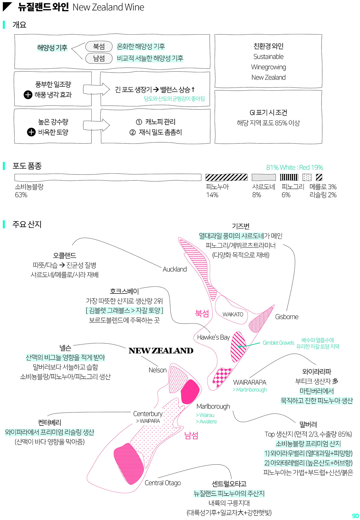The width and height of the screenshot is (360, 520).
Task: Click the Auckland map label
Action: (175, 269)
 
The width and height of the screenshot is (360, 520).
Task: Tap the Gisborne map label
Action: (287, 317)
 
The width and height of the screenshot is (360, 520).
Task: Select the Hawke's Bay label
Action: (213, 337)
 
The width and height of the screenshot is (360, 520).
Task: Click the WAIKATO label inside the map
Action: (233, 314)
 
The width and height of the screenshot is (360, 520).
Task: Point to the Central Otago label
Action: (163, 483)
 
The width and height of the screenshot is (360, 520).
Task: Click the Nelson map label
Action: (157, 370)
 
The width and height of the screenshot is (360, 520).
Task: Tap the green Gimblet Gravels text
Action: (278, 343)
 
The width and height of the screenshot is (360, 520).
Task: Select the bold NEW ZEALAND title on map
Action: (161, 351)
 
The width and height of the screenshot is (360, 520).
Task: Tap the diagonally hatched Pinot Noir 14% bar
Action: (226, 177)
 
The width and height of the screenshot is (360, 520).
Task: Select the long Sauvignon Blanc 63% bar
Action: (108, 177)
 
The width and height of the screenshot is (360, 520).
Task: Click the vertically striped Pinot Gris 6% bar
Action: (289, 177)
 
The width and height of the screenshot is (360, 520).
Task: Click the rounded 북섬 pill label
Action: (99, 46)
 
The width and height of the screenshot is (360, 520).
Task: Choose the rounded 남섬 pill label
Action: (99, 58)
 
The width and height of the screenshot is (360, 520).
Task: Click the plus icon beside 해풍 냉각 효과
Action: (28, 95)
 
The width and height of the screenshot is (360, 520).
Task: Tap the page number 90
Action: (355, 516)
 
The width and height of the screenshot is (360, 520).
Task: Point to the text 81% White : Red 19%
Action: (294, 167)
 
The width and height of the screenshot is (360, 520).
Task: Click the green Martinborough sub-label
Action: (250, 390)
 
